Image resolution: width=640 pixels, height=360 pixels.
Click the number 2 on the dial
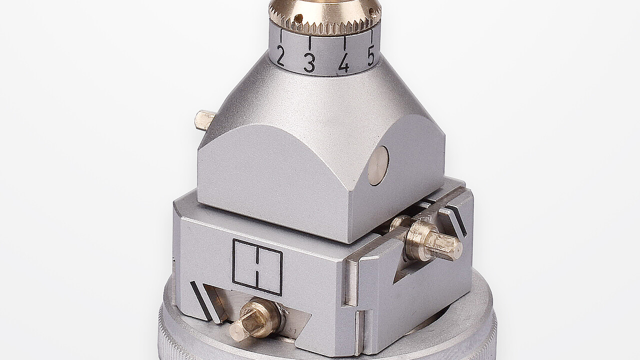[x=280, y=57]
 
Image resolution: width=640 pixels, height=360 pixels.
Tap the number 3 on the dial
[x=309, y=63]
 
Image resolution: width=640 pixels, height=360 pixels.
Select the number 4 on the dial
[x=343, y=62]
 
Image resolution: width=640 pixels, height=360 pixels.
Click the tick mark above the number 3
[x=310, y=42]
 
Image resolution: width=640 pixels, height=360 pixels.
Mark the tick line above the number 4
[x=345, y=42]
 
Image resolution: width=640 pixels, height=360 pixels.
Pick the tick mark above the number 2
[x=281, y=35]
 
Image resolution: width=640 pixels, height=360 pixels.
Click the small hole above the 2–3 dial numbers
[x=298, y=19]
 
